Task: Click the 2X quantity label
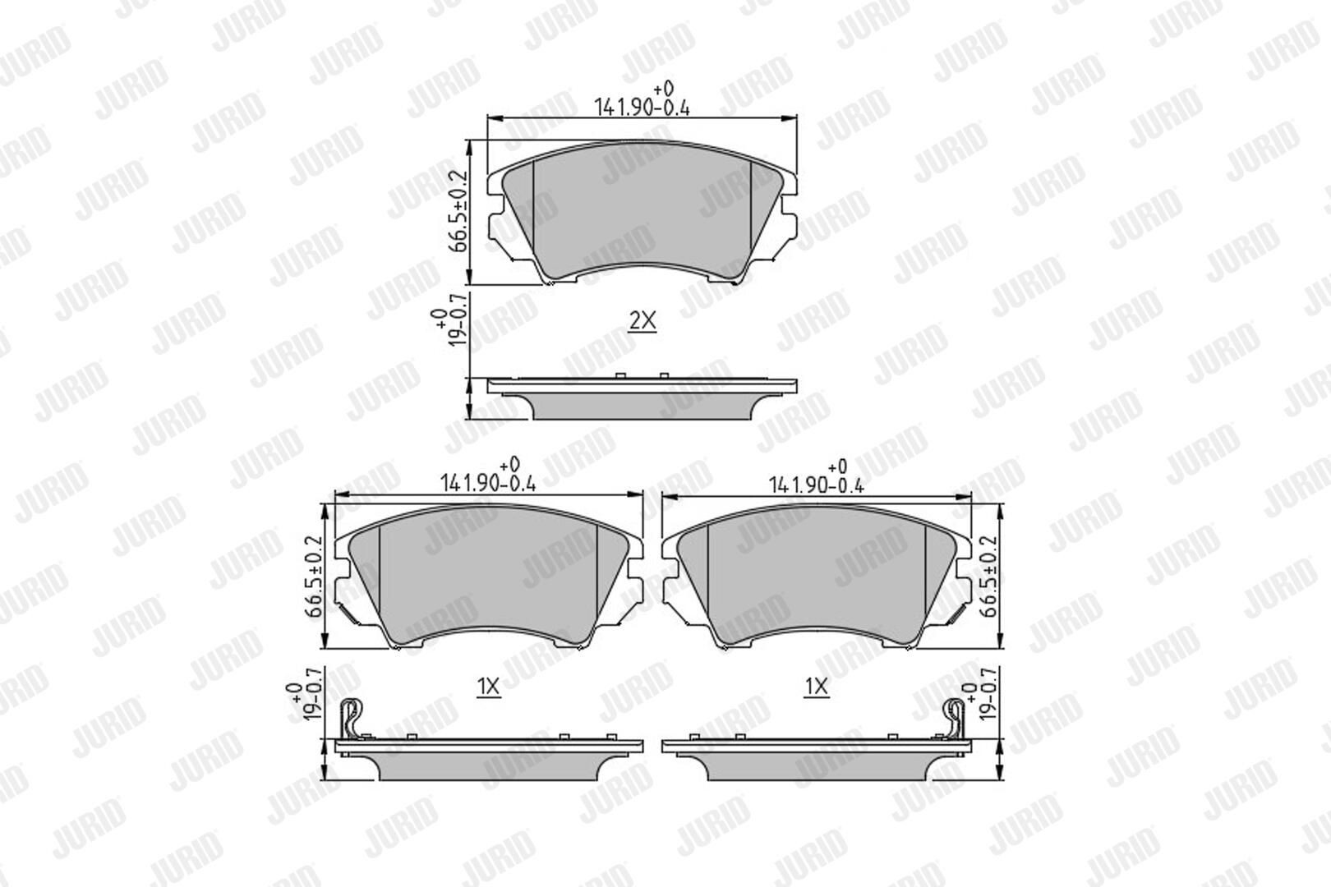[x=642, y=321]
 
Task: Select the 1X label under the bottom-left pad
[x=488, y=687]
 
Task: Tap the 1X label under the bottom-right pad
[x=817, y=687]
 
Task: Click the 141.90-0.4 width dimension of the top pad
[x=642, y=108]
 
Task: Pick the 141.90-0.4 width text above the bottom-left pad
[x=488, y=484]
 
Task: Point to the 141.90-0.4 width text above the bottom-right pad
[x=817, y=485]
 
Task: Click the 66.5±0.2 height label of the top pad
[x=460, y=211]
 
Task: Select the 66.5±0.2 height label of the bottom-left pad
[x=313, y=577]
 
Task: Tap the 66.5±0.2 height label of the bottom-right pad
[x=990, y=577]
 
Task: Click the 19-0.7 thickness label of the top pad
[x=460, y=328]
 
